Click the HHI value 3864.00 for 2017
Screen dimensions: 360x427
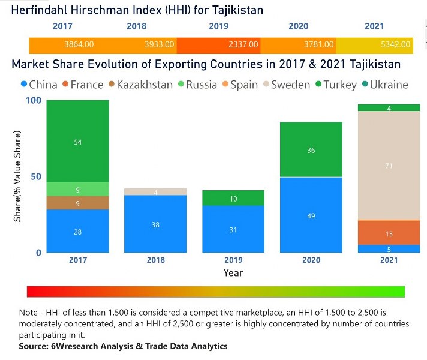[79, 44]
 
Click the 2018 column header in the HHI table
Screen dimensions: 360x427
[136, 26]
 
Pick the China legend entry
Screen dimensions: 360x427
[39, 85]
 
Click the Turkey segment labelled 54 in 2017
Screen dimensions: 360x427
[77, 142]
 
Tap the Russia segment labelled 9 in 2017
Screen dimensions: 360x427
[77, 190]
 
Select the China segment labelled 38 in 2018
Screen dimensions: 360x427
[155, 224]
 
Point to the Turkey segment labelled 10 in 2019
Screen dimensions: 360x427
[233, 199]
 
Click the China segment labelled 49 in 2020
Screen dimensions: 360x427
[311, 215]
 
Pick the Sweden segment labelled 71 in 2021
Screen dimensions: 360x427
[389, 166]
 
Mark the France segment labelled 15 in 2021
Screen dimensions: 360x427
[389, 233]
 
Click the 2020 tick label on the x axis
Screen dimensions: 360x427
[311, 260]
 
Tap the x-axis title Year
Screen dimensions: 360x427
[233, 273]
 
